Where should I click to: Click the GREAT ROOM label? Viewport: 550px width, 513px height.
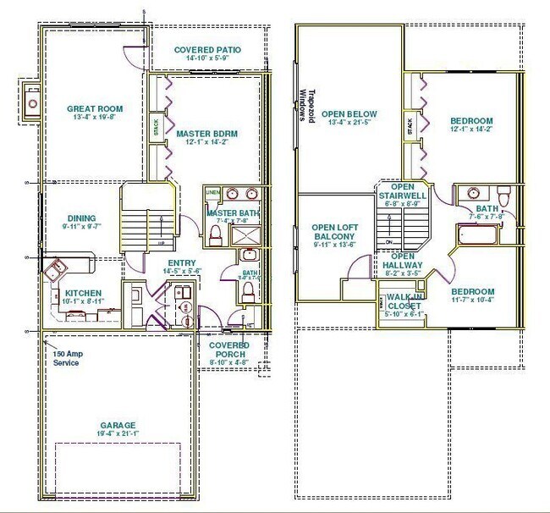coord(95,108)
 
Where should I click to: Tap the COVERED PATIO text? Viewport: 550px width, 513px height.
coord(207,50)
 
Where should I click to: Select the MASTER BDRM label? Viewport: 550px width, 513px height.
coord(206,134)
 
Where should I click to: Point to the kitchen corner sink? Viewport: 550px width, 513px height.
coord(56,270)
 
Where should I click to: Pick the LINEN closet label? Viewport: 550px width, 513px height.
coord(212,194)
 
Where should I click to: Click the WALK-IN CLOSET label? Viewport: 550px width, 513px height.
coord(404,301)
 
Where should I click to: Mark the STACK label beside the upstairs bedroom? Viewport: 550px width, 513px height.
coord(410,128)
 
